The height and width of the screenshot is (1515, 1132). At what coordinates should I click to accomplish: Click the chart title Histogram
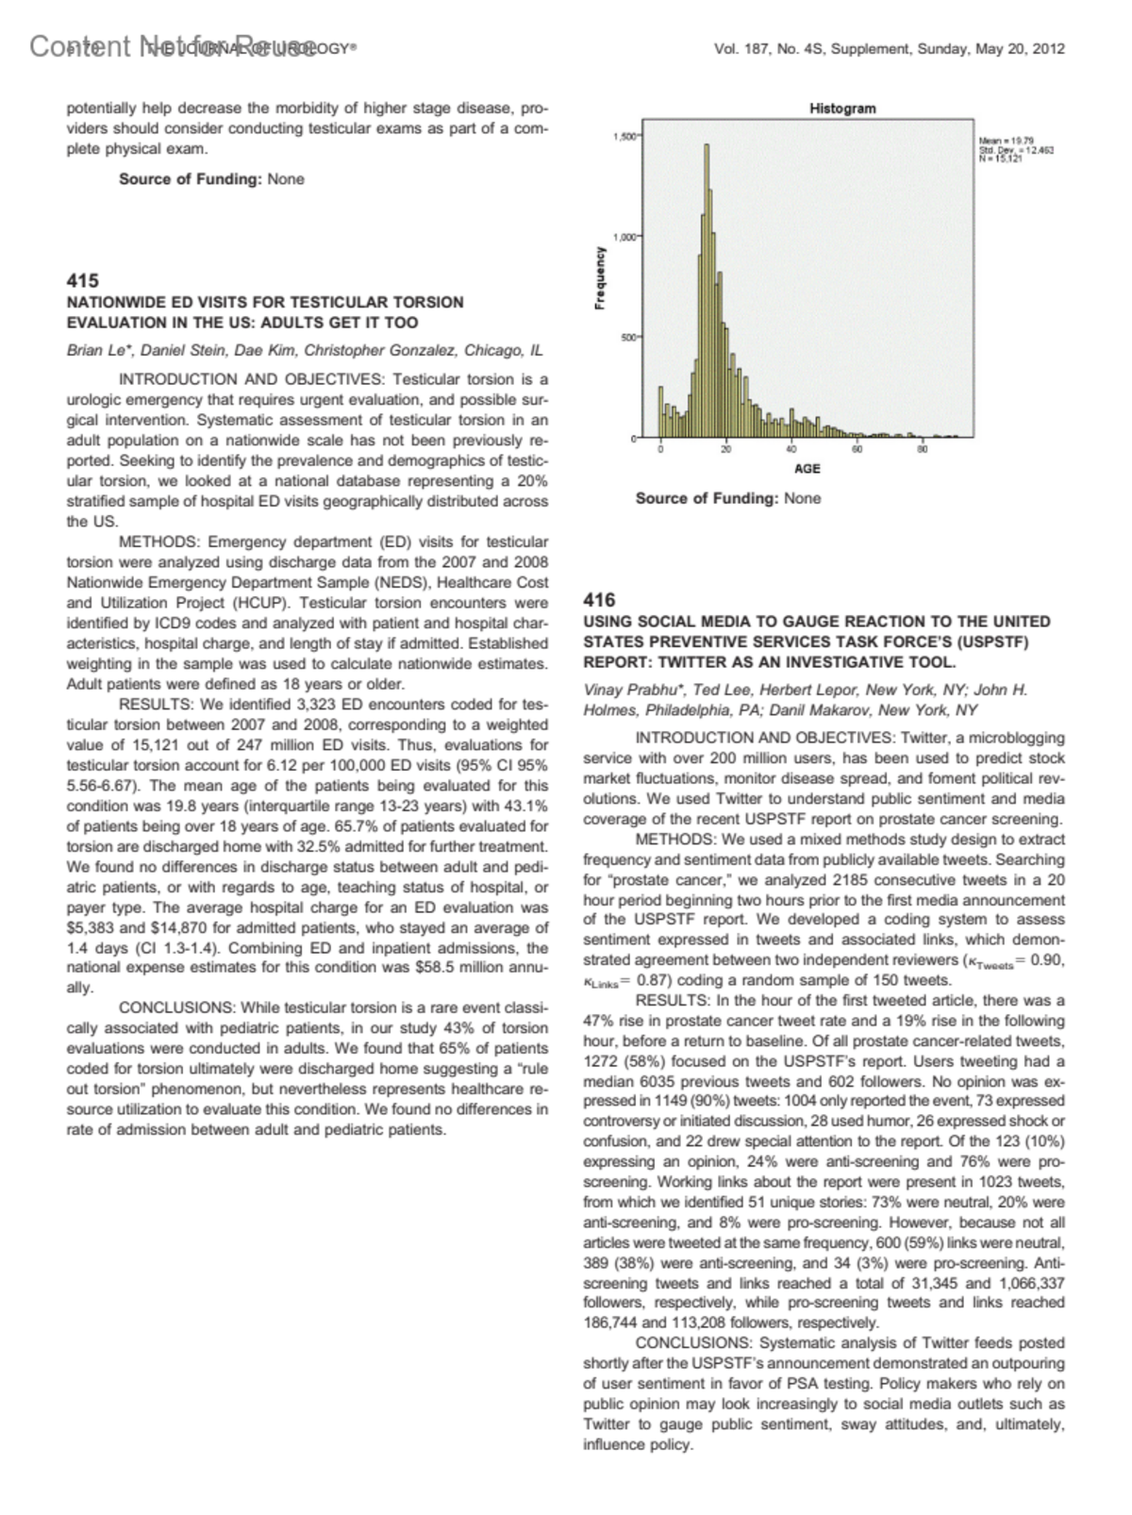point(841,108)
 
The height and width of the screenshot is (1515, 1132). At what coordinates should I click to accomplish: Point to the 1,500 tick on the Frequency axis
point(624,137)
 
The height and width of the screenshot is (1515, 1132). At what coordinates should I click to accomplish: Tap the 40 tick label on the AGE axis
point(791,448)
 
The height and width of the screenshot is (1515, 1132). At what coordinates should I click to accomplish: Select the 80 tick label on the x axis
point(923,448)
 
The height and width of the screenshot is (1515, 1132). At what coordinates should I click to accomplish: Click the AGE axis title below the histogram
point(807,469)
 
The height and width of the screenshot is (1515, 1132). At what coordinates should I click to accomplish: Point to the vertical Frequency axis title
point(599,278)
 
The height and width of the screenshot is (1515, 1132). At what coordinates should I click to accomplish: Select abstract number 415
point(82,280)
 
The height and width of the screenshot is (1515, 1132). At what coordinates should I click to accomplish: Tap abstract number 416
point(599,600)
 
